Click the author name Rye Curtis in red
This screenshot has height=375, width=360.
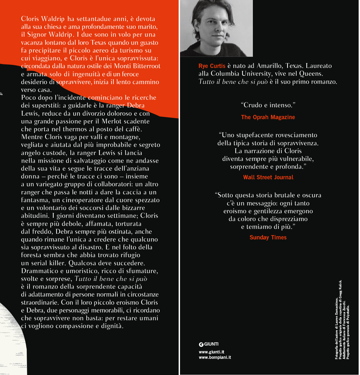[x=212, y=66]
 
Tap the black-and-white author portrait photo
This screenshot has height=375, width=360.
[x=216, y=28]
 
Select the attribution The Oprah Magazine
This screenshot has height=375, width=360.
[x=268, y=117]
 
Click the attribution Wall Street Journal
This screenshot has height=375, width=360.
[x=268, y=177]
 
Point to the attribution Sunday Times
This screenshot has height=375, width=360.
[x=268, y=238]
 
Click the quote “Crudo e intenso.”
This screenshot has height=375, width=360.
[x=268, y=105]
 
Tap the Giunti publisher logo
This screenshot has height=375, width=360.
[x=209, y=344]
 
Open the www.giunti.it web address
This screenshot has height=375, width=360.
[x=211, y=352]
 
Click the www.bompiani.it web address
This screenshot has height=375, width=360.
[x=215, y=357]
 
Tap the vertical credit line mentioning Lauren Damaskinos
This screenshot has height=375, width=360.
[x=336, y=329]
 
